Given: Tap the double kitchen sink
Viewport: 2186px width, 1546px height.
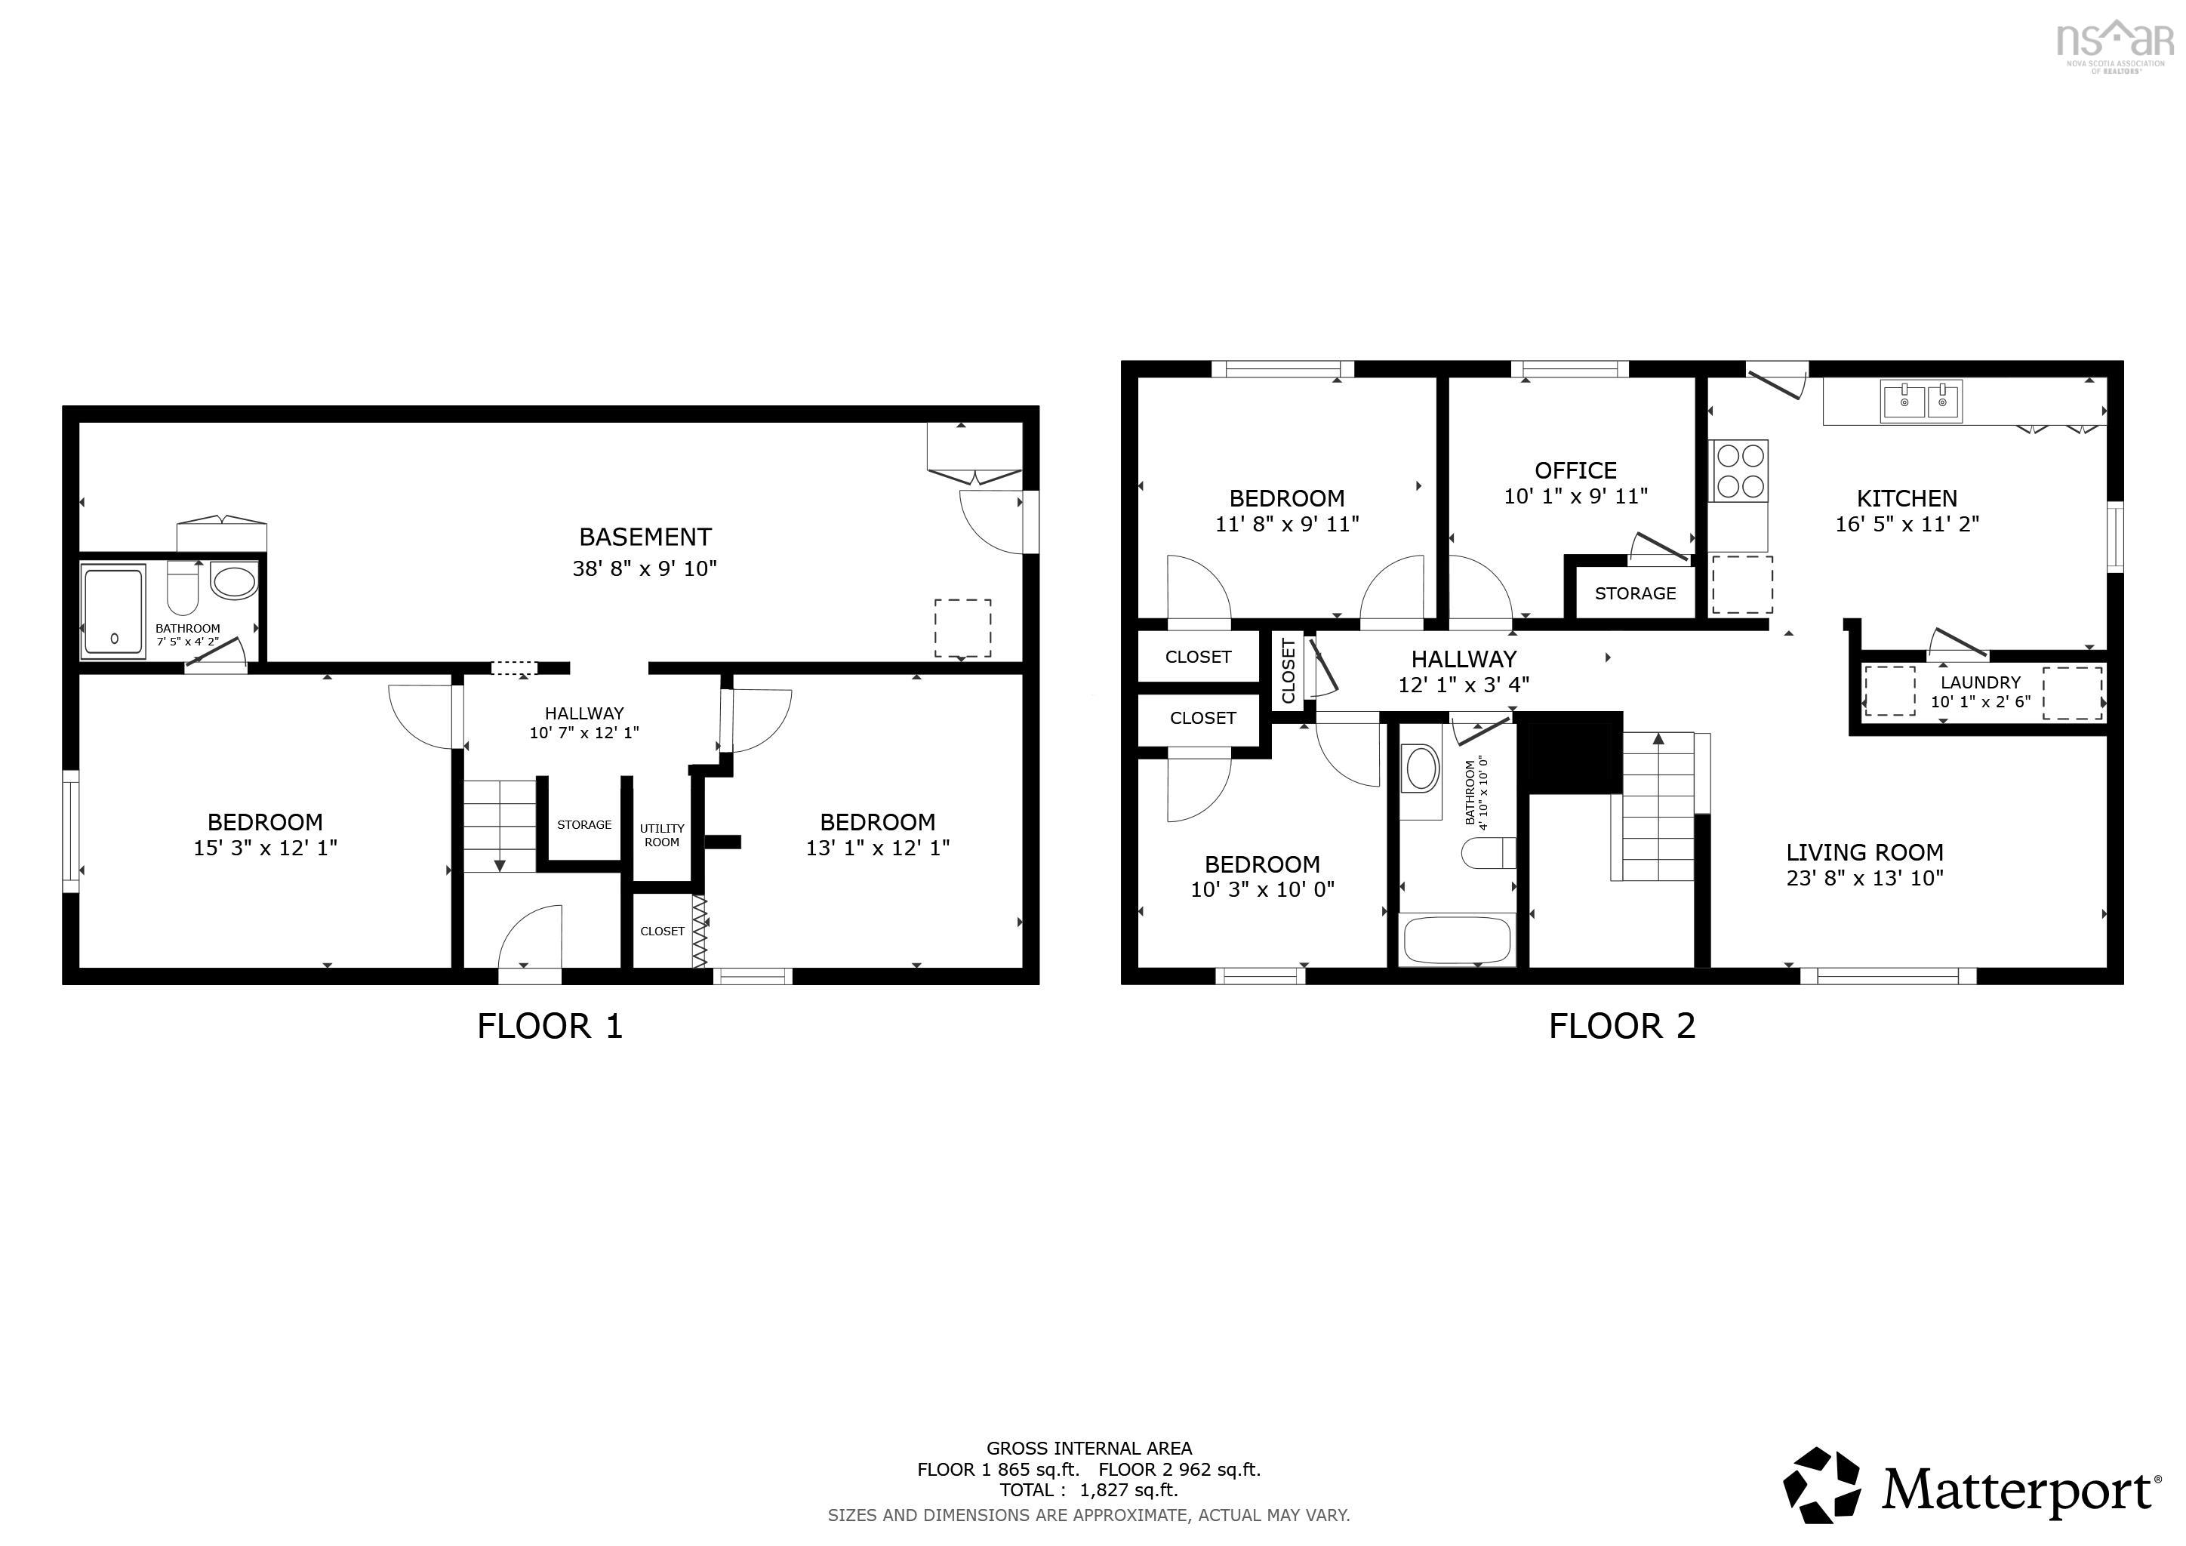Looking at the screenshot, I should click(1921, 401).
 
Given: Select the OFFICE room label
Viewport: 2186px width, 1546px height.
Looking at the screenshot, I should click(1575, 470).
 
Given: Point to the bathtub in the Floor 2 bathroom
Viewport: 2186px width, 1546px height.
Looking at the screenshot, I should click(1456, 938).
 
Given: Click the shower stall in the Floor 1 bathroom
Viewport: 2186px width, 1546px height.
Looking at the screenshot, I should click(113, 610).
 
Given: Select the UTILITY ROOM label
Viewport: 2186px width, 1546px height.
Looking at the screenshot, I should click(662, 835).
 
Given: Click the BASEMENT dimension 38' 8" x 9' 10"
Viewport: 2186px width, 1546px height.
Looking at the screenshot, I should click(645, 568).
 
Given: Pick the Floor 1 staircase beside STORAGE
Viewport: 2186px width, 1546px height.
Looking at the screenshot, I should click(500, 824).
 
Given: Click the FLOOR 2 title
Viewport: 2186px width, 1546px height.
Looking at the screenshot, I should click(1621, 1026).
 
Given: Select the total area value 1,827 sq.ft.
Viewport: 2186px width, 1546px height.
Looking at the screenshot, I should click(1128, 1490).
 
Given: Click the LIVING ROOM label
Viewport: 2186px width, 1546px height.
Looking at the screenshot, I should click(1864, 852).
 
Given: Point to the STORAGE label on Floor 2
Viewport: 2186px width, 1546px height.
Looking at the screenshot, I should click(1635, 593).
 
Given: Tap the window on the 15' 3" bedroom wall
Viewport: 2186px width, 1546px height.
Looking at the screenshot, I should click(70, 831).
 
